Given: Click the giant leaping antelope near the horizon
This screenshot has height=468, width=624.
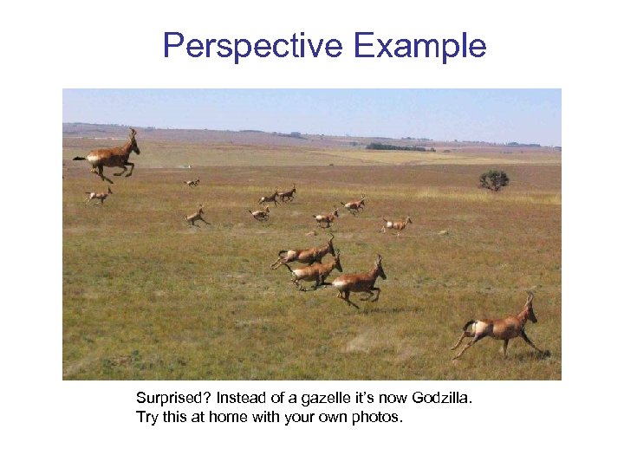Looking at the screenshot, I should (x=111, y=157).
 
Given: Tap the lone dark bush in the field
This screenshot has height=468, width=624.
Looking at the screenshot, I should (x=494, y=179).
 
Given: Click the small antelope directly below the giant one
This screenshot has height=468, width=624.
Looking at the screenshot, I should (x=99, y=197).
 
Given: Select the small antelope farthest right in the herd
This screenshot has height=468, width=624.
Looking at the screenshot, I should (x=396, y=224).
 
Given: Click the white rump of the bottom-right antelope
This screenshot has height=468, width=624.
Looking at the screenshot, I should (x=474, y=327).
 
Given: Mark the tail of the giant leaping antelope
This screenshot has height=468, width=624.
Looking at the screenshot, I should (x=80, y=158).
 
